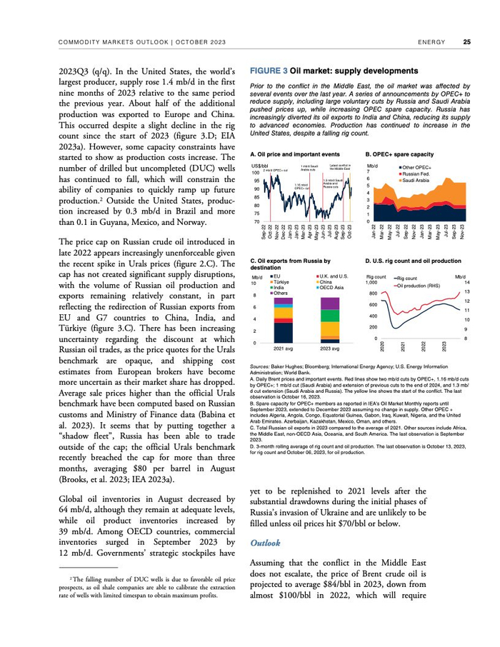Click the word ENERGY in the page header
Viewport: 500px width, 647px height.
pos(432,42)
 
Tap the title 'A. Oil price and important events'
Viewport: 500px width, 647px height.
pos(295,154)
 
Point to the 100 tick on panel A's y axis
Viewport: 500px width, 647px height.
pos(256,173)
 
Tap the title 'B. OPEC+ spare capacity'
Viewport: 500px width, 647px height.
pos(399,154)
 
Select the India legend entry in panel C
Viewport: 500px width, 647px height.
pos(280,287)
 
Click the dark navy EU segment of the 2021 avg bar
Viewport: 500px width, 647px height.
pos(283,333)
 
